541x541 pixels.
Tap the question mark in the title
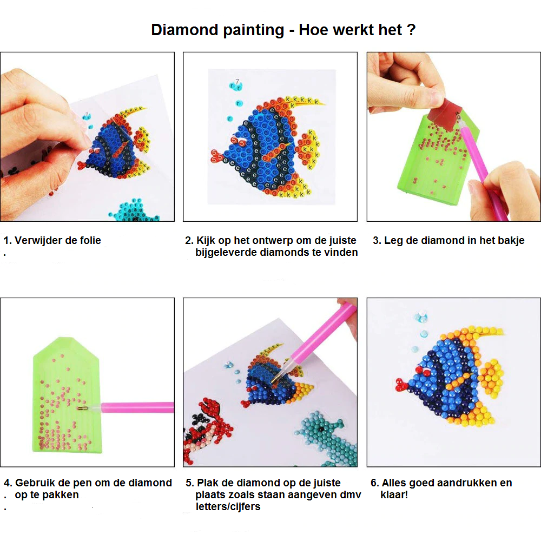click(411, 30)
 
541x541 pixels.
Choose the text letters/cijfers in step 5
click(228, 507)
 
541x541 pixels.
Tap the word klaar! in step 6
click(394, 495)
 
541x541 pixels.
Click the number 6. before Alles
click(375, 483)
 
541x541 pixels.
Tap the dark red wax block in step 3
click(446, 113)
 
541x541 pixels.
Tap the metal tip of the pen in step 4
click(82, 408)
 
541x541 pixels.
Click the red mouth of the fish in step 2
click(216, 156)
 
